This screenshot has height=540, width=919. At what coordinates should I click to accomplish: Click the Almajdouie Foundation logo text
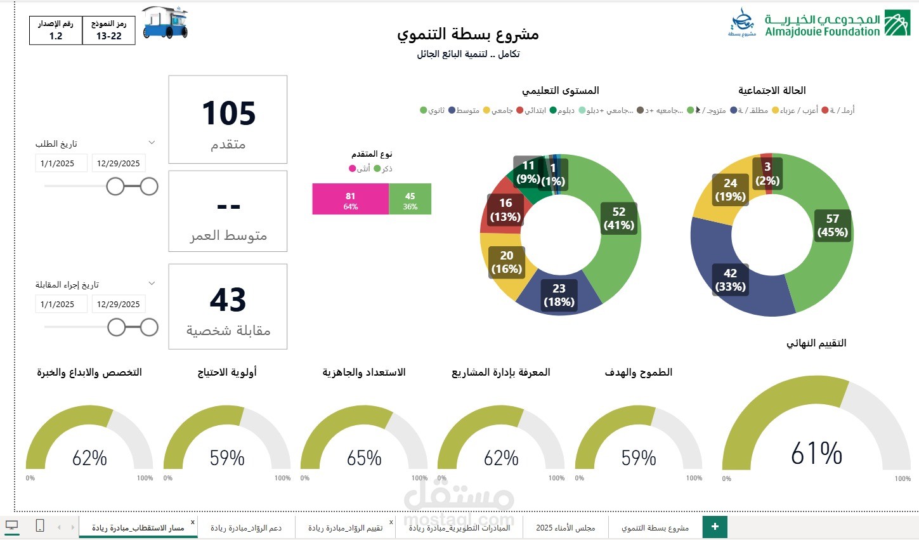tap(823, 25)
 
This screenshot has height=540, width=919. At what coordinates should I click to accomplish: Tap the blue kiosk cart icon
tap(164, 23)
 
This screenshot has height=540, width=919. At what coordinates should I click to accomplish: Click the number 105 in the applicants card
tap(228, 114)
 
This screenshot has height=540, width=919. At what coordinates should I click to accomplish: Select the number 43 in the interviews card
tap(228, 300)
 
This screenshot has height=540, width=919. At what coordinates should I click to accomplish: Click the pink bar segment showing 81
tap(350, 199)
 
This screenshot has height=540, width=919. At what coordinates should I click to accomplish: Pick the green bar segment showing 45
tap(410, 199)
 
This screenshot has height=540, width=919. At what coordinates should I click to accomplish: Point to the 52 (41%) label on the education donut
tap(618, 218)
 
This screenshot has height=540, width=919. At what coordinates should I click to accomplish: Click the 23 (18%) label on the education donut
tap(559, 295)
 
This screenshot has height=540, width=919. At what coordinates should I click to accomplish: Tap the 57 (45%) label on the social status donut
tap(832, 225)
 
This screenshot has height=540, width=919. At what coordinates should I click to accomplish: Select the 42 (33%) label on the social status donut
tap(730, 280)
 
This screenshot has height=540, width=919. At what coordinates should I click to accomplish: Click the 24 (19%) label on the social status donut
tap(730, 190)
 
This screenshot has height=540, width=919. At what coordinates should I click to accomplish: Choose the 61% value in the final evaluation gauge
tap(816, 454)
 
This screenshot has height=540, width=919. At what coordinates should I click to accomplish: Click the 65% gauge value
tap(364, 458)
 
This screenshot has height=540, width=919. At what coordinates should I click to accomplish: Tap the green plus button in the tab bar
tap(715, 527)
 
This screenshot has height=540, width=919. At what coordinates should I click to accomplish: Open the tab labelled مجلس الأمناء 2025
tap(565, 527)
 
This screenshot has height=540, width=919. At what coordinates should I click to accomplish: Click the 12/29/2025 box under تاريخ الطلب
tap(119, 164)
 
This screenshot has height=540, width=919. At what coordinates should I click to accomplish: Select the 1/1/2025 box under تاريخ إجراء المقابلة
tap(58, 305)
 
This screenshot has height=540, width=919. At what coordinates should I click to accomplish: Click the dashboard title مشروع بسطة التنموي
tap(468, 34)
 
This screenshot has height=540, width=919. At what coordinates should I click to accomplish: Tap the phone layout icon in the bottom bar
tap(39, 525)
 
